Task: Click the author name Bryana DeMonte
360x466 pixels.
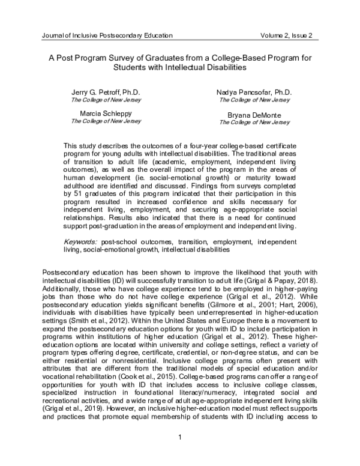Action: (254, 114)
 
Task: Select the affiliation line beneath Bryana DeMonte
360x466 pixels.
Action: (254, 122)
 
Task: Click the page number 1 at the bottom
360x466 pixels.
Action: (180, 445)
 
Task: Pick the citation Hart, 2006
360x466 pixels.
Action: (300, 312)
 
